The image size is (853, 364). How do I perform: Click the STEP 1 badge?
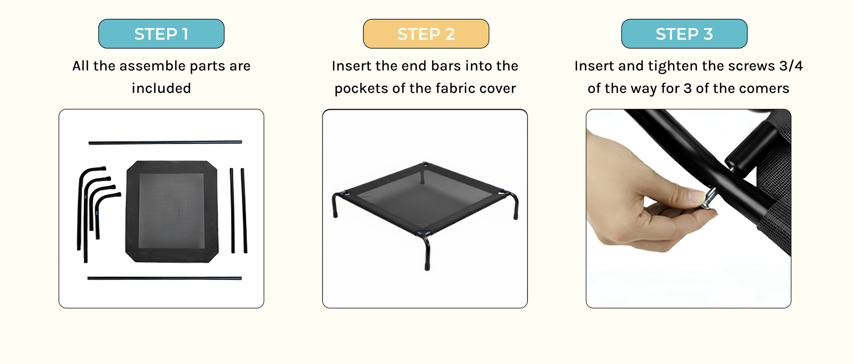click(x=161, y=34)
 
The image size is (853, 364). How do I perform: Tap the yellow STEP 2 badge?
click(x=426, y=34)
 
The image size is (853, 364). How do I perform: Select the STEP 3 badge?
click(x=685, y=34)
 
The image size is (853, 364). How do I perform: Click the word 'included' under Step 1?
click(x=161, y=88)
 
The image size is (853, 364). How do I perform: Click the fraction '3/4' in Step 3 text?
click(x=791, y=66)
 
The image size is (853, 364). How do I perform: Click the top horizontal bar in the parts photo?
click(x=165, y=142)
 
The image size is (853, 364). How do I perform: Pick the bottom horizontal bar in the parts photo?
click(x=165, y=278)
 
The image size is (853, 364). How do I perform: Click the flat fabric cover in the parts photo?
click(x=172, y=211)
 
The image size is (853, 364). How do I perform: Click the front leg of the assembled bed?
click(x=426, y=251)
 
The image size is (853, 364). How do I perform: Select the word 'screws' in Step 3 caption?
click(x=751, y=66)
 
